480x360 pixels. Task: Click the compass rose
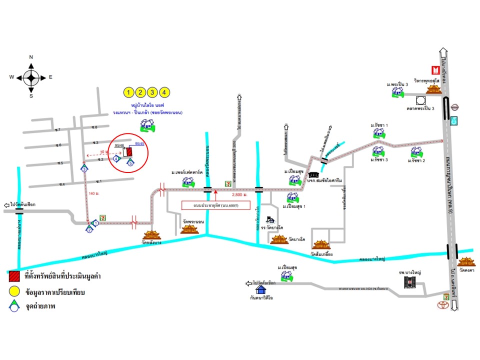tap(31, 77)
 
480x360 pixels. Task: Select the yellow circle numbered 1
tap(129, 92)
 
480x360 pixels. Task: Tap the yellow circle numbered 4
tap(165, 92)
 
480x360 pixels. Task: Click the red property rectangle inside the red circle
tap(129, 151)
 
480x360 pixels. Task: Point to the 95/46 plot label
tap(119, 145)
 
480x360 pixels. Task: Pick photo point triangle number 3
tap(84, 168)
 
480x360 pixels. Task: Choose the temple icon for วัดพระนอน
tap(189, 229)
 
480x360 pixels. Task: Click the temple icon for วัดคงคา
tap(466, 263)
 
